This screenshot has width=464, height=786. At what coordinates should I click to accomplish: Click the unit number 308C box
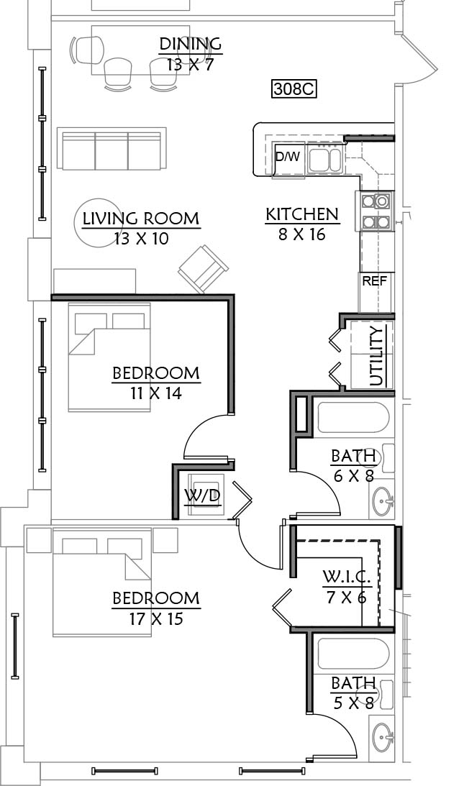pos(294,88)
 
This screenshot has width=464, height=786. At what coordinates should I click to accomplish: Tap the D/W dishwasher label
pos(288,156)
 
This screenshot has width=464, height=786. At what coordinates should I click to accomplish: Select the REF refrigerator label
pos(375,280)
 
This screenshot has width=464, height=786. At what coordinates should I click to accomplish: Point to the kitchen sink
pos(324,160)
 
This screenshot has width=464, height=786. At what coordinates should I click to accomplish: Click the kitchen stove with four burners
pos(376,211)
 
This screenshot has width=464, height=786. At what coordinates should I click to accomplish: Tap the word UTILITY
pos(376,355)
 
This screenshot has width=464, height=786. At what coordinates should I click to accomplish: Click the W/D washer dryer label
pos(203,495)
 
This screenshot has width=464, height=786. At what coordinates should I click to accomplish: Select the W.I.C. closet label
pos(347,577)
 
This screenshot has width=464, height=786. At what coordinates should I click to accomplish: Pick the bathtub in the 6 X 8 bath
pos(352,417)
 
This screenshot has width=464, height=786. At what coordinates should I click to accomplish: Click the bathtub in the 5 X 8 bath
pos(353,653)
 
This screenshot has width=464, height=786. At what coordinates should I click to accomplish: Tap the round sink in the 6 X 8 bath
pos(383,500)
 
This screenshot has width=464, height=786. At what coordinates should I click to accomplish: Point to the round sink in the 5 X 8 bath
pos(383,736)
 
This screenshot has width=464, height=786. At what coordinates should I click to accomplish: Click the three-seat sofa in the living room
pos(112,149)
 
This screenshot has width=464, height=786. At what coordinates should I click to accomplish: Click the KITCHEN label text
pos(302,214)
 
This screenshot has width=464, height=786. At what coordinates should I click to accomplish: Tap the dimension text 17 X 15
pos(156,619)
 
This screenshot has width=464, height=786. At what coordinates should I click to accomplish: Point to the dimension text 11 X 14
pos(156,393)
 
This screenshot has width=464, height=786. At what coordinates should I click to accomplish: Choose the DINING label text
pos(190,44)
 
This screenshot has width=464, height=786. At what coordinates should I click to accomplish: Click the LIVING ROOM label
pos(141,219)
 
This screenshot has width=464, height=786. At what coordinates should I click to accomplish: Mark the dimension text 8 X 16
pos(302,234)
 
